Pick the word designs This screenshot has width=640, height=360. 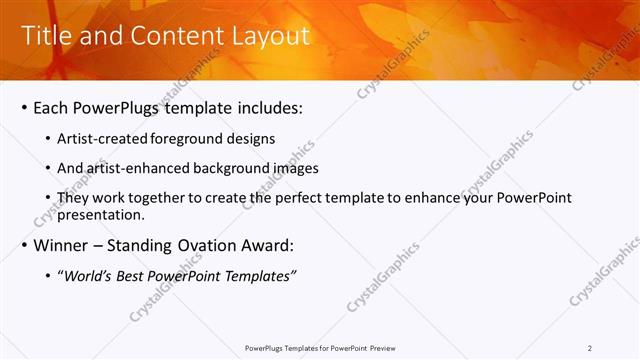coord(252,138)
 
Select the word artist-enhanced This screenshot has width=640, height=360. coord(134,168)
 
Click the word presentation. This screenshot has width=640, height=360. coord(102,214)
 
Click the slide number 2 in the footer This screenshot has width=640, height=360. coord(589,348)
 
